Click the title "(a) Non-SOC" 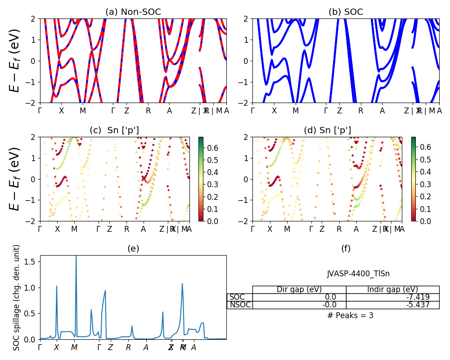tap(133, 12)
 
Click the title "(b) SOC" tap(346, 12)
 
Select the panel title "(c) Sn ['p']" tap(114, 130)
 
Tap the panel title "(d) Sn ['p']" tap(327, 130)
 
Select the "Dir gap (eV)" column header tap(299, 289)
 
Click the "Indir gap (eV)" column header tap(392, 289)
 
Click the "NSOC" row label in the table tap(240, 305)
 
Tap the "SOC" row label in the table tap(237, 297)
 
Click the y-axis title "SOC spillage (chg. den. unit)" tap(17, 297)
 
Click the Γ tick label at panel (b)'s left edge tap(252, 111)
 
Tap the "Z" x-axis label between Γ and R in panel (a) tap(126, 111)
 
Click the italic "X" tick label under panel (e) tap(56, 347)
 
